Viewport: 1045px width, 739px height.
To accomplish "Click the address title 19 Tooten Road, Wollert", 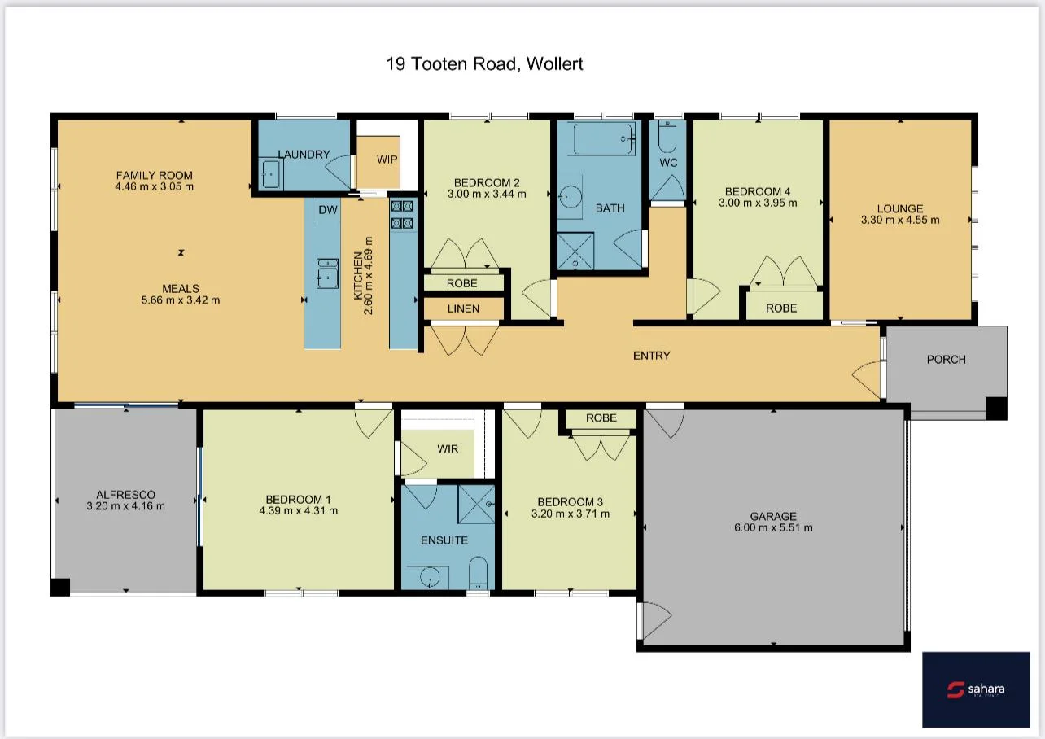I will click(484, 63).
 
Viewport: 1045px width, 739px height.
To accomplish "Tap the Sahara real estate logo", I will click(976, 689).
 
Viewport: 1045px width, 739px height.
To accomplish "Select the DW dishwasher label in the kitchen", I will click(327, 210).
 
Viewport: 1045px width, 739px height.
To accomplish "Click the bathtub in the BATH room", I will click(602, 139).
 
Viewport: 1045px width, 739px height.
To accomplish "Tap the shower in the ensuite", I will click(476, 503).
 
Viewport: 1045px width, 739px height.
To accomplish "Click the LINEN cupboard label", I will click(462, 308).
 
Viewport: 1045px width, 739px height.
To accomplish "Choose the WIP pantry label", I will click(387, 160).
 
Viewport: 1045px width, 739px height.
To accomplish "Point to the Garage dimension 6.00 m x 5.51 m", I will click(773, 527).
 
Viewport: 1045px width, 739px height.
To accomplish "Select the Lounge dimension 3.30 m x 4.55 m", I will click(900, 220).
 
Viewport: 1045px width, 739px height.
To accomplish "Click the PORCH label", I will click(946, 359).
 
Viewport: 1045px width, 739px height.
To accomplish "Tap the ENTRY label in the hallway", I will click(651, 355).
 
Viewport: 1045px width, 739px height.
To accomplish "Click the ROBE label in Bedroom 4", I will click(781, 308).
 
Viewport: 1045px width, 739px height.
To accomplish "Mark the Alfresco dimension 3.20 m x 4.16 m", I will click(125, 505).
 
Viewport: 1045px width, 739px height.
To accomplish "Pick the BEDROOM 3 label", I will click(570, 501).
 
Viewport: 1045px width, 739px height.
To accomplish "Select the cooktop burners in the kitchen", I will click(403, 214).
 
